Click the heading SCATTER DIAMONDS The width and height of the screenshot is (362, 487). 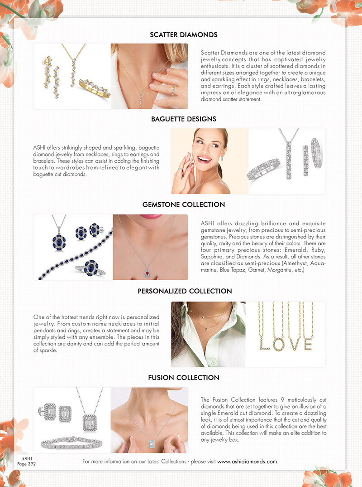[x=183, y=35]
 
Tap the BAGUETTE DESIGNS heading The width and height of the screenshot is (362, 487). [x=183, y=119]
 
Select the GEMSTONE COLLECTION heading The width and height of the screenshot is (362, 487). [x=183, y=205]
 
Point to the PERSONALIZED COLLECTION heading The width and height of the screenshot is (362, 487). [x=185, y=291]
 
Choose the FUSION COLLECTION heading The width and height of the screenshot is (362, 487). [x=183, y=378]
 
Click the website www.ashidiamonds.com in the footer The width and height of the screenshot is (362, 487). [x=247, y=462]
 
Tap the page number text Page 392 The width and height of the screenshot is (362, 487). [x=27, y=464]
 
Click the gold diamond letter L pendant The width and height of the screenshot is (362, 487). [x=264, y=344]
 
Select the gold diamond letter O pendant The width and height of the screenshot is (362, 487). [x=278, y=344]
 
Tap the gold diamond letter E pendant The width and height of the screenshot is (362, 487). [x=308, y=344]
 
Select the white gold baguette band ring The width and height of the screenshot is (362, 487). [x=263, y=169]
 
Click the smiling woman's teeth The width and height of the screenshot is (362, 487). [x=204, y=160]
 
